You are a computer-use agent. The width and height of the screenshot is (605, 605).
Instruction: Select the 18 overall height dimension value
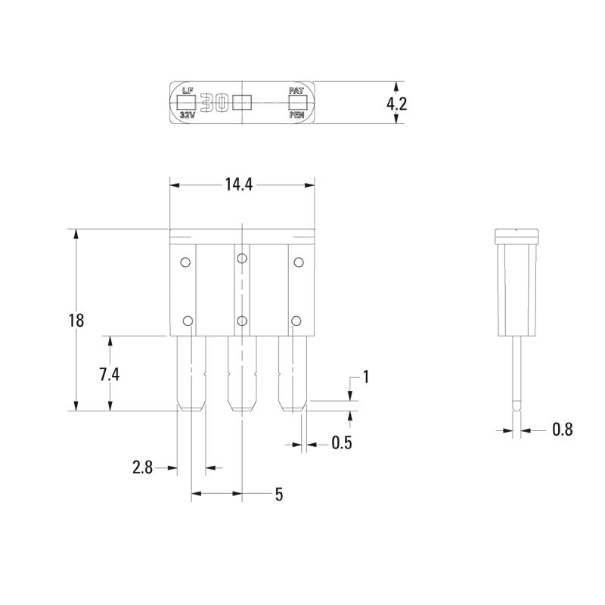tap(76, 320)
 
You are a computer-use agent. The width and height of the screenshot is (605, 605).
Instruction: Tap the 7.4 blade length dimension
tap(110, 374)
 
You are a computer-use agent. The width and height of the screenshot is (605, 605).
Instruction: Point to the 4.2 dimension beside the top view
tap(397, 104)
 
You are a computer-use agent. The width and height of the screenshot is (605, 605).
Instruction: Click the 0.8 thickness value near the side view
tap(562, 430)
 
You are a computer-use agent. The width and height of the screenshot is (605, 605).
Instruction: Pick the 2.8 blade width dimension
tap(143, 468)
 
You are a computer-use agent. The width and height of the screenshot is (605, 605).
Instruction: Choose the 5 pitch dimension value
tap(278, 495)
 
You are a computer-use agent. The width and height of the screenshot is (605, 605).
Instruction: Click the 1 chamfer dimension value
tap(366, 377)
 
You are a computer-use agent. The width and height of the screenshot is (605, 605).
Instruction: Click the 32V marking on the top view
tap(187, 116)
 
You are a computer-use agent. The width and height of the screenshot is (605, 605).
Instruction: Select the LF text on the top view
tap(188, 91)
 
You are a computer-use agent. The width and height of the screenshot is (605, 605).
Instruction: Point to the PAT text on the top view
tap(296, 91)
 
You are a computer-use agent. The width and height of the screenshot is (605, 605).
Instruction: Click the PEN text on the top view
tap(296, 116)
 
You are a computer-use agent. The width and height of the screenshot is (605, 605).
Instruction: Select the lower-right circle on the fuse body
tap(297, 320)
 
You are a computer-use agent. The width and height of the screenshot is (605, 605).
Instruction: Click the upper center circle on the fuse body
tap(241, 259)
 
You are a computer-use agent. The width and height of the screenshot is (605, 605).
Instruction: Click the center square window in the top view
tap(242, 103)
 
